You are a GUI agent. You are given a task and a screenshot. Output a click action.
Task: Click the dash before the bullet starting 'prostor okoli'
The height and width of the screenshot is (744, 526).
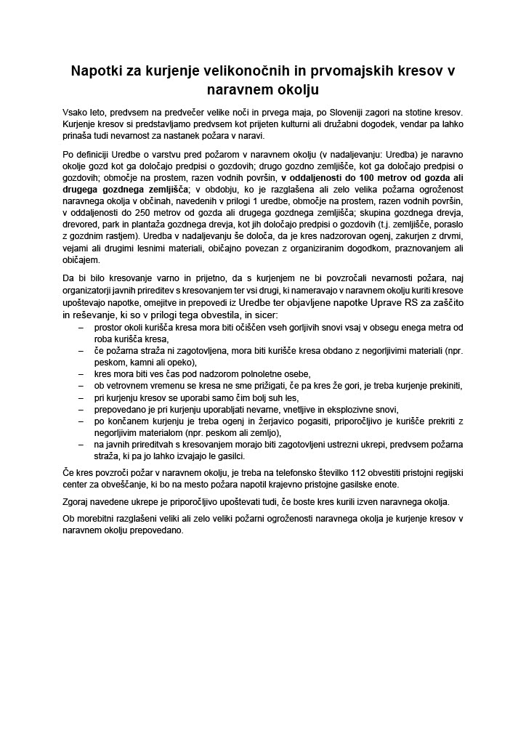click(81, 328)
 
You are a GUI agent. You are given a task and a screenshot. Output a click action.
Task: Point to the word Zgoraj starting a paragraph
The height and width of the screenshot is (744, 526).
click(79, 501)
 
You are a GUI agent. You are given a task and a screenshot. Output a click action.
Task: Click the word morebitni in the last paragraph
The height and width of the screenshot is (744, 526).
click(102, 518)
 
